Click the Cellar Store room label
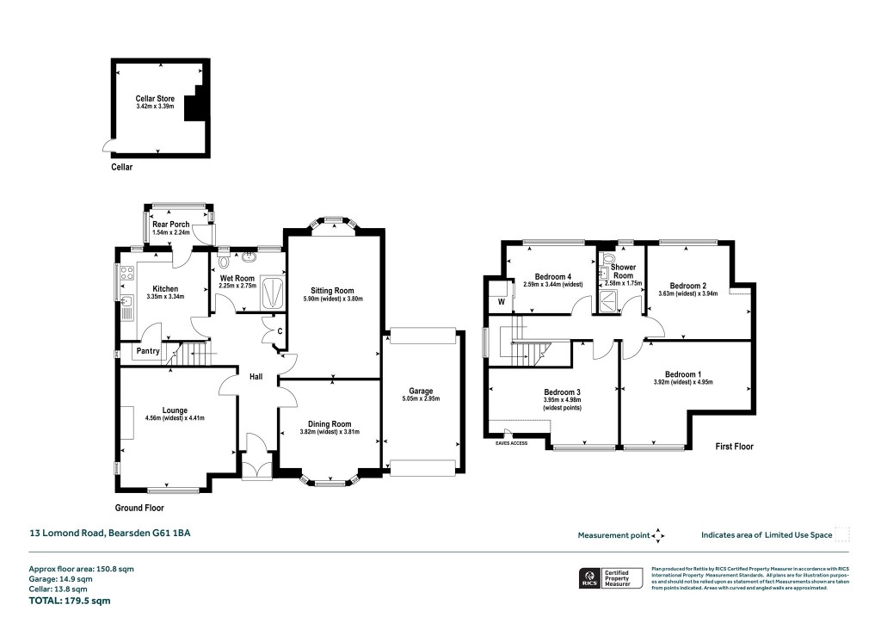click(x=155, y=99)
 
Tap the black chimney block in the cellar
click(x=197, y=102)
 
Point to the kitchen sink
click(x=126, y=303)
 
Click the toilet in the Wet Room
click(x=225, y=258)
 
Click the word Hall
click(x=256, y=377)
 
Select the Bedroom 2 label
click(x=687, y=286)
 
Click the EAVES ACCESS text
click(x=511, y=443)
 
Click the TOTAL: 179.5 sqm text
click(x=70, y=601)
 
